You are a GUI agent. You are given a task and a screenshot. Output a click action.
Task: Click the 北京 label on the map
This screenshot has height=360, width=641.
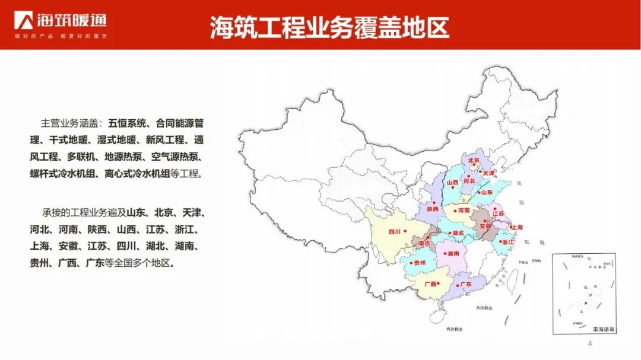(x=473, y=160)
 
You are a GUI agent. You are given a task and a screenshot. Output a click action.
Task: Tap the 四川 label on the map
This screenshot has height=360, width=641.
(x=395, y=231)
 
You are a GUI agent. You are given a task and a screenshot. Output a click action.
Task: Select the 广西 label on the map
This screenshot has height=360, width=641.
(x=430, y=284)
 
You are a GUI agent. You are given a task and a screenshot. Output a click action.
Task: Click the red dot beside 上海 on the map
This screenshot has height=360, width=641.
(x=510, y=226)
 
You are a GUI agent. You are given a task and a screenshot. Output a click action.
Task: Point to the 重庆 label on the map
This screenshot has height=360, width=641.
(x=423, y=243)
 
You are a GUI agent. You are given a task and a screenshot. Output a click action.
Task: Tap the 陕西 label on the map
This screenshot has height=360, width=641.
(x=432, y=209)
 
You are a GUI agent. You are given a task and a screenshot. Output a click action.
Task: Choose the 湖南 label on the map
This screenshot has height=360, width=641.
(x=453, y=253)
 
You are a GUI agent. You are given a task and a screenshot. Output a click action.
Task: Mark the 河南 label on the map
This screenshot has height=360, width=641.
(x=462, y=210)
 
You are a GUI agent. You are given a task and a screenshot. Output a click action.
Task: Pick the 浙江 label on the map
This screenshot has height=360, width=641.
(x=507, y=242)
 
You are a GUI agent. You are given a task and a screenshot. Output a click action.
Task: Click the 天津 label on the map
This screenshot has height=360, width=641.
(x=488, y=173)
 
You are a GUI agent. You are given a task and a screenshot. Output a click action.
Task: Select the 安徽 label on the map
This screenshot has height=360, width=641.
(x=485, y=226)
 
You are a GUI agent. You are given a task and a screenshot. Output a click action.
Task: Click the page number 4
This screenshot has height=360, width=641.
(x=590, y=345)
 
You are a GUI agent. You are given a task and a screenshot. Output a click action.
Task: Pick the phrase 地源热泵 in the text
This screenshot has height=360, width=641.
(x=124, y=157)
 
